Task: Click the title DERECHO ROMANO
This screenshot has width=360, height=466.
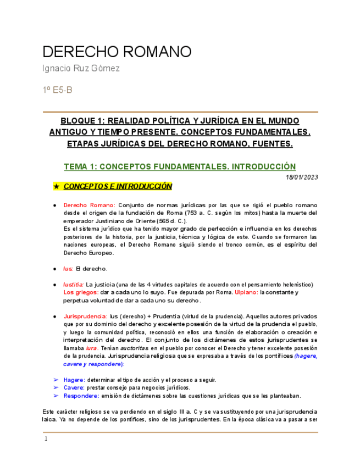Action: point(117,52)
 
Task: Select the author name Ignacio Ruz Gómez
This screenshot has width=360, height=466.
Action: point(81,69)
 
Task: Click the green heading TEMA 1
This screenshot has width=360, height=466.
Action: point(180,167)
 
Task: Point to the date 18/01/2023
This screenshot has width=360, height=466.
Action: point(302,177)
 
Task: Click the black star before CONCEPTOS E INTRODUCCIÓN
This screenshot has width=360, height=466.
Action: point(56,187)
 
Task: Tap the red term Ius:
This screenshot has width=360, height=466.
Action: point(68,269)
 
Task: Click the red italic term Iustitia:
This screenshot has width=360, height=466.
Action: point(74,285)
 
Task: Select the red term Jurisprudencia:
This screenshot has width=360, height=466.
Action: point(85,317)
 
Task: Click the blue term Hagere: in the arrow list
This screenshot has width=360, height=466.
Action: point(74,380)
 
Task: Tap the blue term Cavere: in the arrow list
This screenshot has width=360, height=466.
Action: point(74,387)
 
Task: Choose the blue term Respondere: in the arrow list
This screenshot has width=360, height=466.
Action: point(81,396)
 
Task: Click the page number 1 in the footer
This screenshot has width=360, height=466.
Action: point(46,439)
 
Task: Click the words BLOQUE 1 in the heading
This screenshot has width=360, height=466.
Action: point(82,120)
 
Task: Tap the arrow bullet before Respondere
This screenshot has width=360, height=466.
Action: point(56,396)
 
